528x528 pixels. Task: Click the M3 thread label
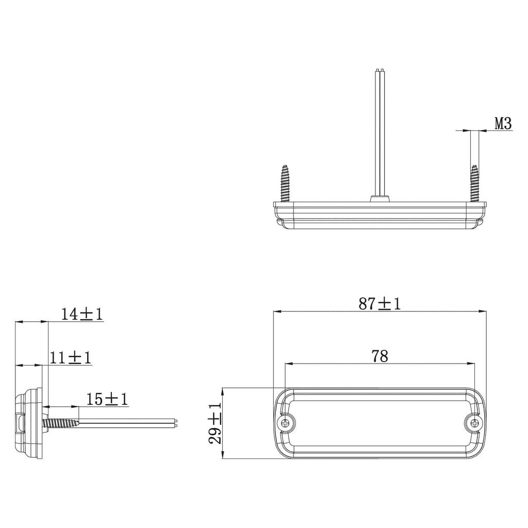[503, 124]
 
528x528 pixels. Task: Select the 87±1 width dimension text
[379, 304]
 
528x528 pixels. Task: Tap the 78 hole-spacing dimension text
[379, 356]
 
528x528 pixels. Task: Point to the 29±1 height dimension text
[214, 423]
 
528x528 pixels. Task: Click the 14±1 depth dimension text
[81, 314]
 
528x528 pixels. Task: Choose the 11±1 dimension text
[70, 357]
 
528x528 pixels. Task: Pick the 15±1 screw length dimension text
[107, 399]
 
